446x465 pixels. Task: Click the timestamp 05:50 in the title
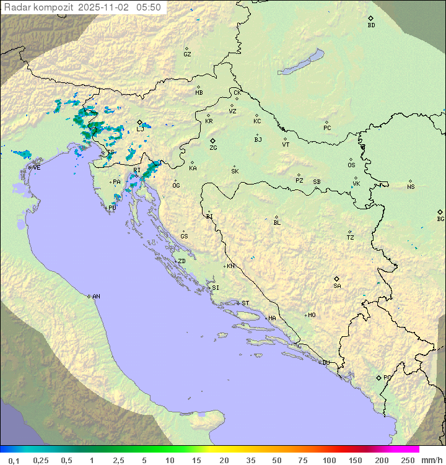point(149,7)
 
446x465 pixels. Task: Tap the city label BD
point(371,25)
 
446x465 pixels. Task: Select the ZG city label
point(213,148)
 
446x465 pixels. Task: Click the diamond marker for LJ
point(139,122)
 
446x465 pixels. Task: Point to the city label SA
point(337,286)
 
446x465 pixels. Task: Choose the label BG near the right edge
point(440,219)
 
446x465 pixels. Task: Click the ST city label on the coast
point(245,303)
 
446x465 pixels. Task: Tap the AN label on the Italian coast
point(96,297)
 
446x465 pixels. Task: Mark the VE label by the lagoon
point(37,168)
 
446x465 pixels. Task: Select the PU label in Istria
point(112,208)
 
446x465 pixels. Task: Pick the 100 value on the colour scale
point(329,460)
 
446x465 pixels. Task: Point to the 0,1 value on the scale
point(14,460)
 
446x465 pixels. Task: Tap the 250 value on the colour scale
point(407,460)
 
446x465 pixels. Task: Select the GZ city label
point(187,54)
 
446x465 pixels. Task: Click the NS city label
point(411,187)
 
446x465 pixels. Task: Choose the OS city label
point(351,165)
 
